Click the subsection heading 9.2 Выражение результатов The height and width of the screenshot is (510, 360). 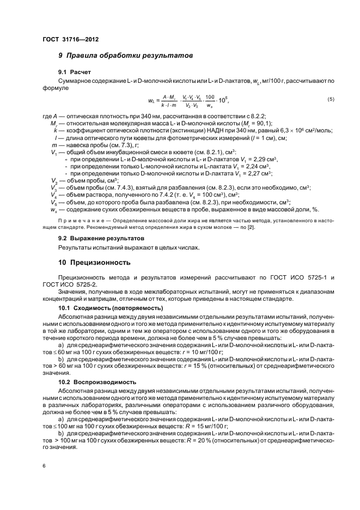101,239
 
